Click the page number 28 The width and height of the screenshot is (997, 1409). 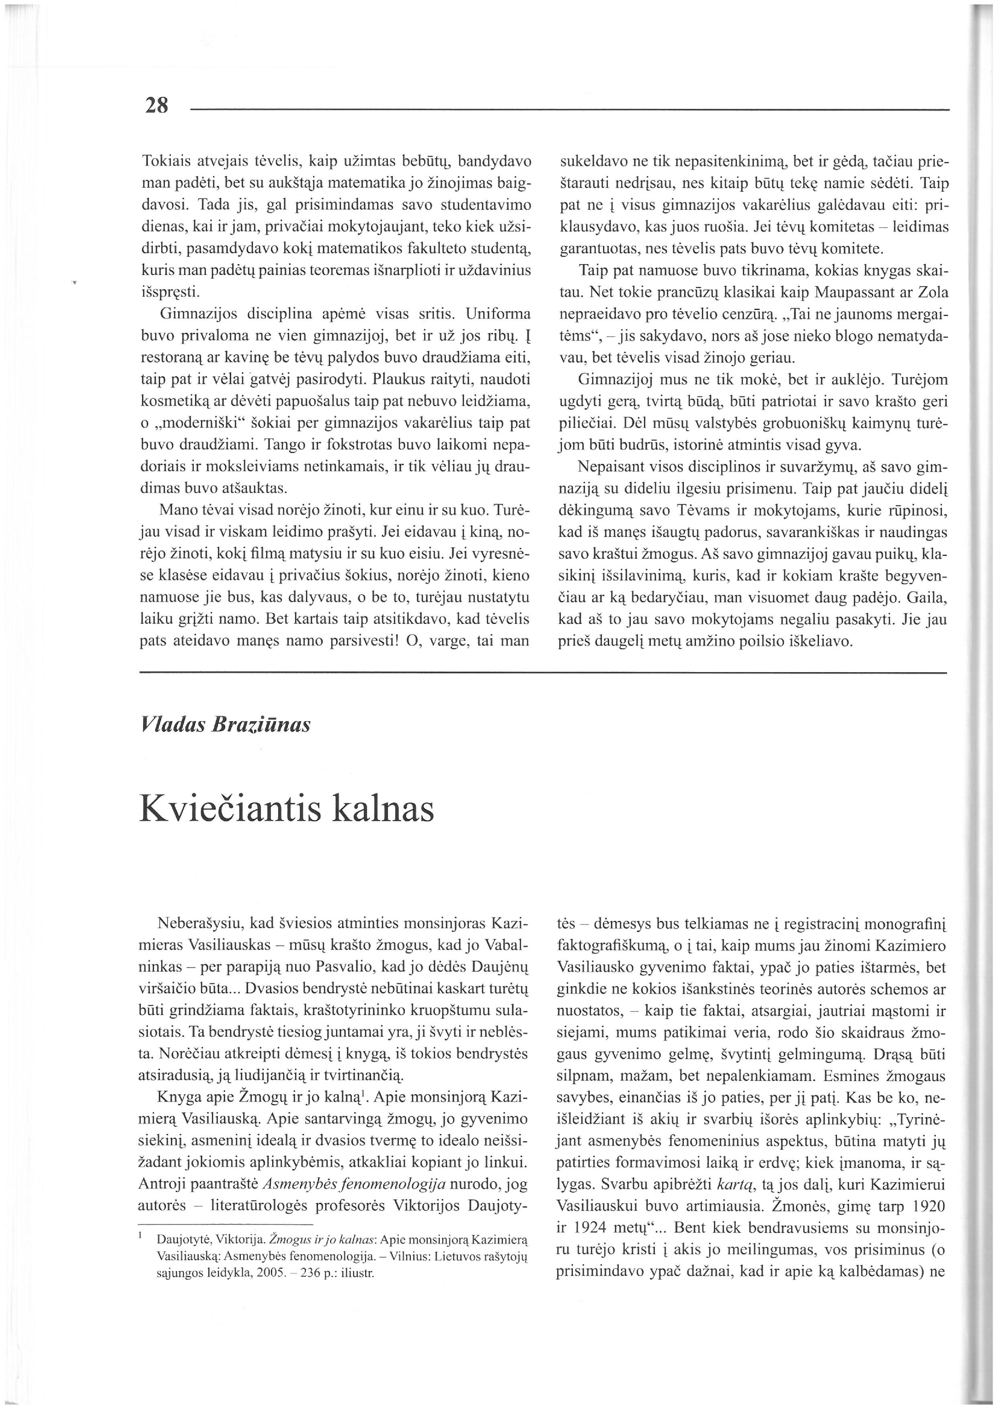coord(156,106)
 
